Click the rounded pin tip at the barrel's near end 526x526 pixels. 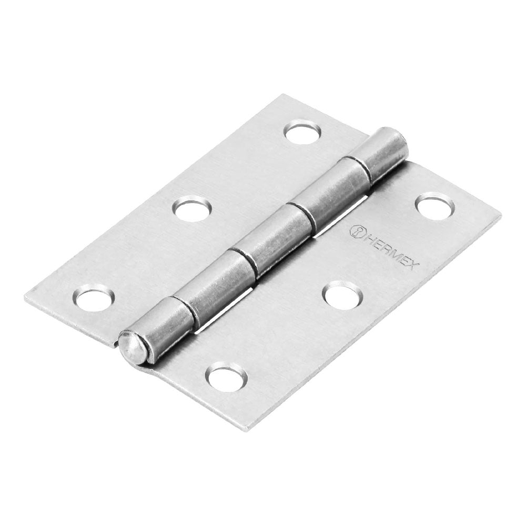129,347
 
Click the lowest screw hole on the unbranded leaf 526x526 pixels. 94,298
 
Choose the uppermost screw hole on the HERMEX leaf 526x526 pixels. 435,206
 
